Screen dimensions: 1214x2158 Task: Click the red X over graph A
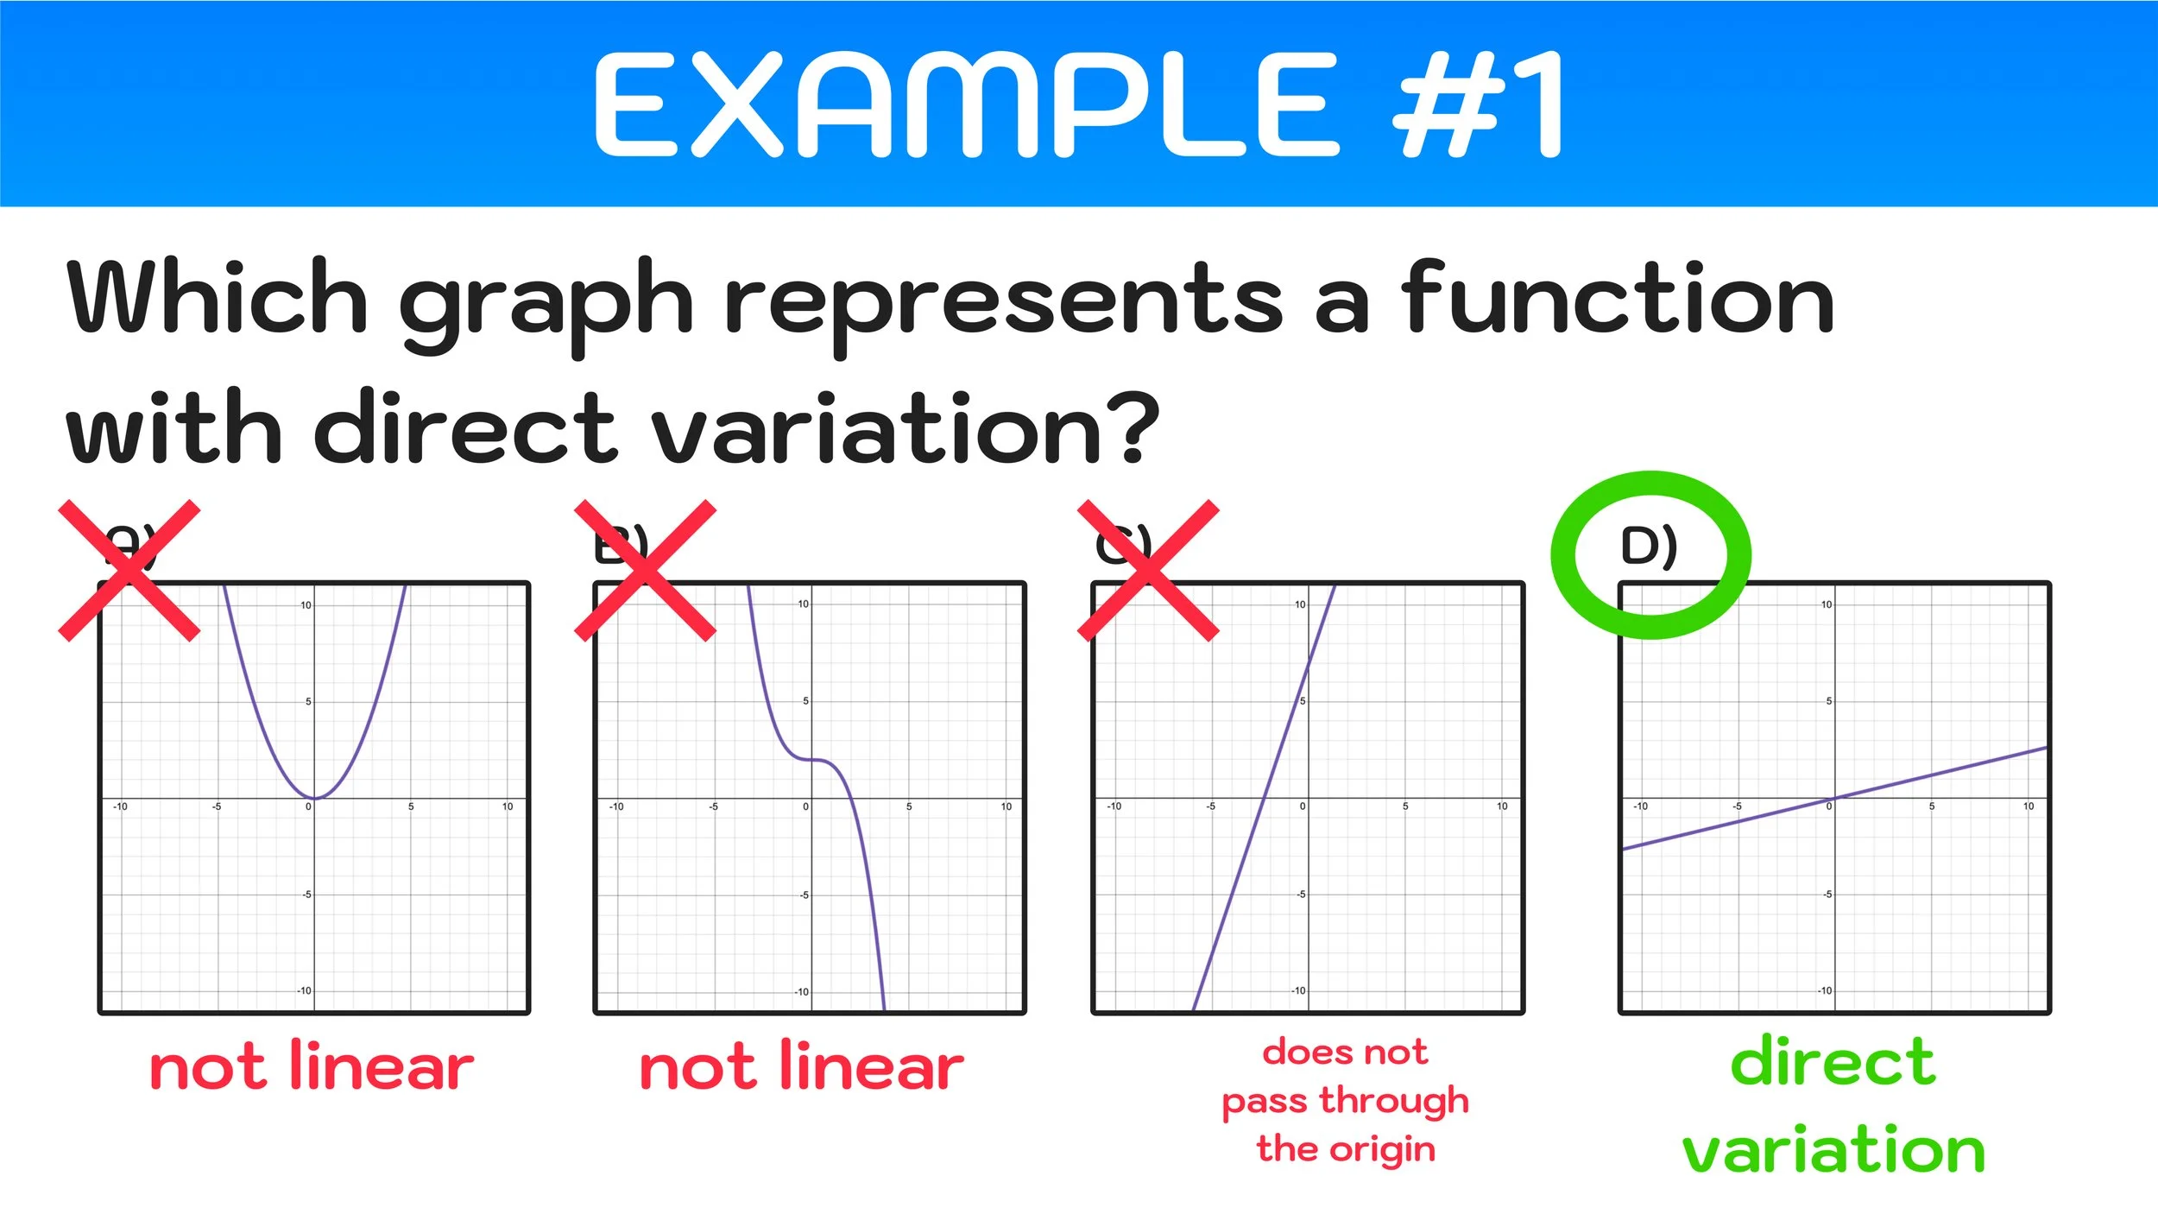point(129,571)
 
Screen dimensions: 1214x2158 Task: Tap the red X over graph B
point(646,571)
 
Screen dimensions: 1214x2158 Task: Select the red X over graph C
point(1149,571)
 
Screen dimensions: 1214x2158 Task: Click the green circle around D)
point(1650,555)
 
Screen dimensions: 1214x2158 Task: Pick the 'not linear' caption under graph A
point(312,1068)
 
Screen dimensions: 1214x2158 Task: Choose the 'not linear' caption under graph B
point(801,1068)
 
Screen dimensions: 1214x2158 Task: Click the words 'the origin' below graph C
point(1346,1149)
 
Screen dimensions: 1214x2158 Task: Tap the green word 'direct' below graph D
point(1833,1062)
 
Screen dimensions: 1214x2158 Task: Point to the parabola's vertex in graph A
point(315,798)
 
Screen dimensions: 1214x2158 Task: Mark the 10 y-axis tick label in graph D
point(1826,604)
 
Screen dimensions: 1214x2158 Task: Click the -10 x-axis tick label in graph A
point(120,806)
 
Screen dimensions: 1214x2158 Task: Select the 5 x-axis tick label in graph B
point(909,806)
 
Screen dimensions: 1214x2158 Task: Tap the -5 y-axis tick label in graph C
point(1301,895)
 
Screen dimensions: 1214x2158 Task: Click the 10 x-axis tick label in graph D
point(2029,806)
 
